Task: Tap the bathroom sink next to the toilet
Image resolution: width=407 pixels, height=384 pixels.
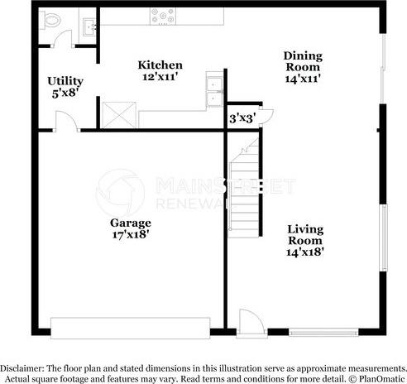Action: click(89, 26)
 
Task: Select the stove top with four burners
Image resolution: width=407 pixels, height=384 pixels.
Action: click(163, 17)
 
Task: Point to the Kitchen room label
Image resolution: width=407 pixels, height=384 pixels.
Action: click(160, 65)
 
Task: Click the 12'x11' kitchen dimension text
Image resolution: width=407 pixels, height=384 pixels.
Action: click(160, 77)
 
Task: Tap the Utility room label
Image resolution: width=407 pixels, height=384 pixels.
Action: click(65, 81)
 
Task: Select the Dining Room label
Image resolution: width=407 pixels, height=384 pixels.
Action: click(303, 61)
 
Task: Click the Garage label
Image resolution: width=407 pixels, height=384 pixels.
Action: click(131, 223)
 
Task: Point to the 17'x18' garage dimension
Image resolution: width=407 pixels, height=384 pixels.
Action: click(131, 235)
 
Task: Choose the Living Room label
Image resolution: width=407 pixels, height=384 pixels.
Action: click(305, 235)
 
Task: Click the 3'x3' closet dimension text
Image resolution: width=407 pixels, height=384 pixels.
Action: click(242, 118)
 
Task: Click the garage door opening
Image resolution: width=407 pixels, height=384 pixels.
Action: click(130, 329)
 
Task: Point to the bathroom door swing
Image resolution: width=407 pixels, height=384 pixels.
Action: click(63, 39)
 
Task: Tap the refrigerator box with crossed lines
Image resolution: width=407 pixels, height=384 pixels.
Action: click(119, 115)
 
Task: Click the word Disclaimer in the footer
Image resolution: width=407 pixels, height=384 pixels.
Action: click(22, 368)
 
